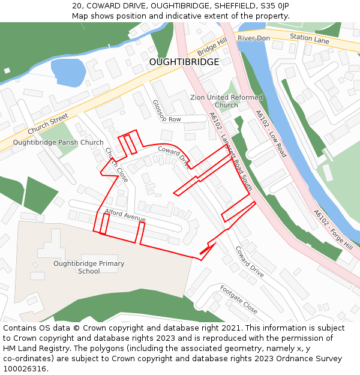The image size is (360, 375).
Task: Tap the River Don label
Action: (253, 38)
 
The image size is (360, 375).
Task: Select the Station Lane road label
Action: (310, 38)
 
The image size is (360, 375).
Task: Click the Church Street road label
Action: (49, 124)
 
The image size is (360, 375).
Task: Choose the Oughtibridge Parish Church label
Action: (58, 143)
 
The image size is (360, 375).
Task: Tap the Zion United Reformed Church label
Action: (226, 101)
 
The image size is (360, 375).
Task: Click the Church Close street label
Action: (117, 165)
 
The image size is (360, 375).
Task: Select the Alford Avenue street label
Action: (125, 215)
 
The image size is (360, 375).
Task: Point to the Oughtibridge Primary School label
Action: (89, 267)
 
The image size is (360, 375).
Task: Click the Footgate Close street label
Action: (238, 300)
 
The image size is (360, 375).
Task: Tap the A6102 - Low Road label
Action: (271, 133)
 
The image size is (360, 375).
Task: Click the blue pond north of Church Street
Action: (68, 72)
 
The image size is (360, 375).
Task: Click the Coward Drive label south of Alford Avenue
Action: (249, 262)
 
